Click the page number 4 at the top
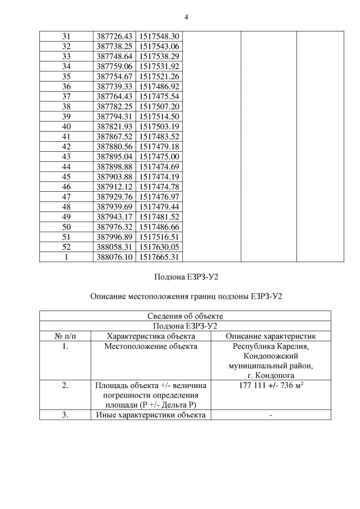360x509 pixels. (186, 17)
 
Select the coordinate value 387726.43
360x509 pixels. (114, 36)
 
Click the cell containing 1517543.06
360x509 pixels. (159, 46)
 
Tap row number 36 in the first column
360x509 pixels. (66, 86)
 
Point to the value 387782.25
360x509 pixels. (114, 106)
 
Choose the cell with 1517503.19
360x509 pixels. (159, 126)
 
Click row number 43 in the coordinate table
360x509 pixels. (66, 156)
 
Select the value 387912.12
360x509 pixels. (114, 186)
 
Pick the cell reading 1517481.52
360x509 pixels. (159, 217)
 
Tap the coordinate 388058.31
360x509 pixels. (114, 246)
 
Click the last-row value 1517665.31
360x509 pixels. (159, 256)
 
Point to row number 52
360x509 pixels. (66, 246)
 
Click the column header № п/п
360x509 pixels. (66, 336)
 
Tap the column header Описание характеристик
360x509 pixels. (271, 336)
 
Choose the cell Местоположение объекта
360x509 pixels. (151, 346)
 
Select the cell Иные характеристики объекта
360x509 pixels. (151, 415)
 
